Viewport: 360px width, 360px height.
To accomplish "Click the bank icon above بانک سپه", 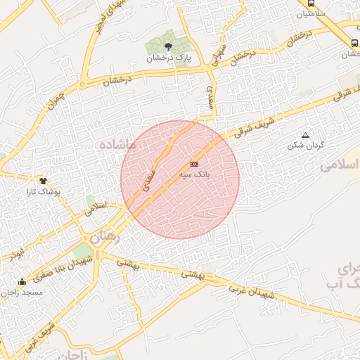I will [x=195, y=164].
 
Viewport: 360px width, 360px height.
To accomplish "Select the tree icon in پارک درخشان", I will [x=167, y=46].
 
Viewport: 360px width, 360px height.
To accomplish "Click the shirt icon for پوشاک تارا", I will [x=42, y=181].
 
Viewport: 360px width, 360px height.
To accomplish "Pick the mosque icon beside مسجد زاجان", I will [x=22, y=282].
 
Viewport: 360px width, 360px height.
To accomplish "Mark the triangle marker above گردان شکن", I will [x=305, y=135].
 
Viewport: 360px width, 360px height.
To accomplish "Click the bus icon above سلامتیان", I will [x=311, y=3].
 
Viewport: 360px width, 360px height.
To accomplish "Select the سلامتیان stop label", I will [x=311, y=14].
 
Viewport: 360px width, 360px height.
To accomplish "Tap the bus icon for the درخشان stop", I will [x=354, y=44].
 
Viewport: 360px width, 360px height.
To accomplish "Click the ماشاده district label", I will [x=117, y=143].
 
